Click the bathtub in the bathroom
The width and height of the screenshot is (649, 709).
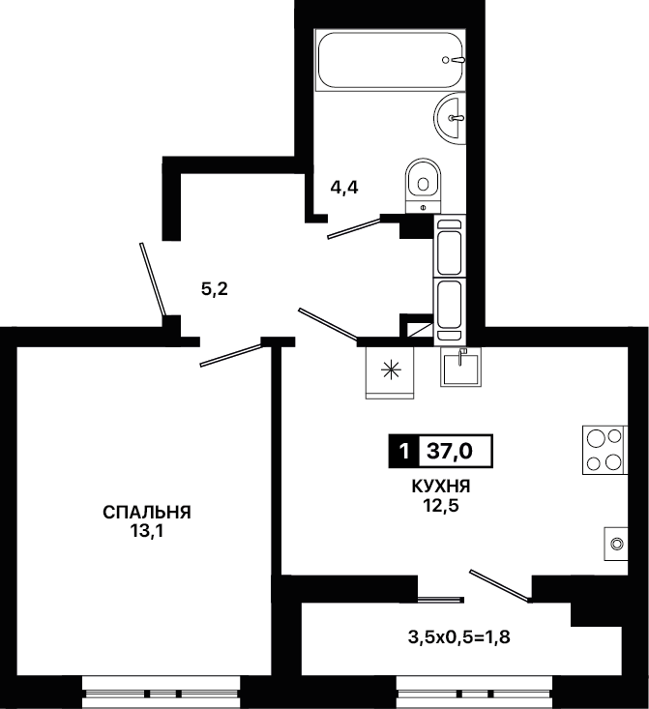pyautogui.click(x=391, y=61)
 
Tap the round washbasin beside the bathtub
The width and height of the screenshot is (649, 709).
pyautogui.click(x=450, y=118)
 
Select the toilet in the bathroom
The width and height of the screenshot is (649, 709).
pyautogui.click(x=424, y=186)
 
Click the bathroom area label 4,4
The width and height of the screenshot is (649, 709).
pyautogui.click(x=344, y=187)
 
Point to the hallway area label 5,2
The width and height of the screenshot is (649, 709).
pyautogui.click(x=215, y=288)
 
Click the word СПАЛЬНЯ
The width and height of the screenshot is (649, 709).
pyautogui.click(x=147, y=513)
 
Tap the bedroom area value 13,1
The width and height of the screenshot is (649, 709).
pyautogui.click(x=147, y=532)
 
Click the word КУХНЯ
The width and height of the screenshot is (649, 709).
pyautogui.click(x=441, y=487)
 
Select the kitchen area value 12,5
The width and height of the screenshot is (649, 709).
pyautogui.click(x=441, y=506)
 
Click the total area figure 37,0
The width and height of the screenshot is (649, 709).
pyautogui.click(x=450, y=451)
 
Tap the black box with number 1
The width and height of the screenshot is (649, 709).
pyautogui.click(x=404, y=451)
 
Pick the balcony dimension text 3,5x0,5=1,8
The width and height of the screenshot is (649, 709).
pyautogui.click(x=459, y=637)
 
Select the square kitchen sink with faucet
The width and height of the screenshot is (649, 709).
pyautogui.click(x=460, y=367)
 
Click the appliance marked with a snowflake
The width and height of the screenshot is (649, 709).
pyautogui.click(x=390, y=373)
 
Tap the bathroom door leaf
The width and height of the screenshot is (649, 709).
pyautogui.click(x=354, y=228)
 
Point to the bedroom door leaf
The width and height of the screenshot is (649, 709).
pyautogui.click(x=231, y=354)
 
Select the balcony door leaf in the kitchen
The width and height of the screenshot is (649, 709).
pyautogui.click(x=500, y=585)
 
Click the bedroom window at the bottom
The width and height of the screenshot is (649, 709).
pyautogui.click(x=162, y=693)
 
